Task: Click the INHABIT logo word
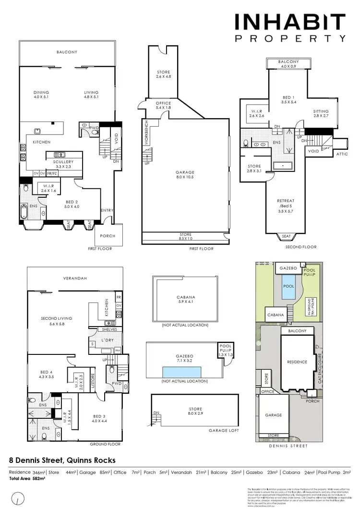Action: point(289,22)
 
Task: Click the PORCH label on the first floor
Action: point(108,236)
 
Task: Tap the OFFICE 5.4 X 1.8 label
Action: point(163,106)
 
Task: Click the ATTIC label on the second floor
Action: point(342,154)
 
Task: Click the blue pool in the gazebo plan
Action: point(182,372)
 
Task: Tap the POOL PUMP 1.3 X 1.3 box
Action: point(225,350)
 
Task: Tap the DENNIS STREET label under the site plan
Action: point(289,446)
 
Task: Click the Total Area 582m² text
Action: point(27,479)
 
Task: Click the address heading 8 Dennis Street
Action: point(62,460)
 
